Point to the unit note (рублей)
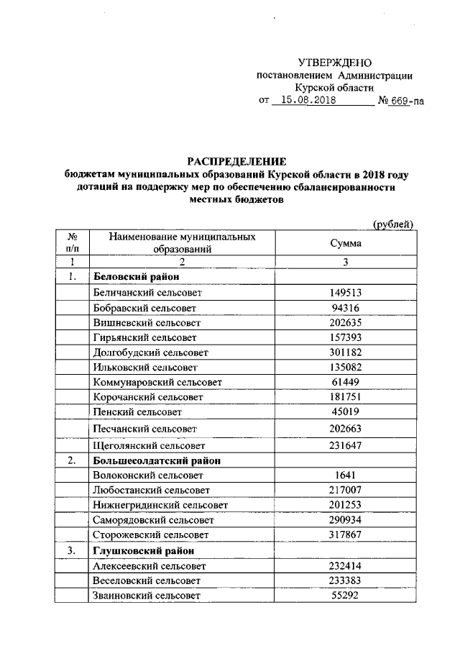(393, 224)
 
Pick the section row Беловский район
(136, 277)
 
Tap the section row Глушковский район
(144, 551)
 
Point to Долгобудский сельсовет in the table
(150, 352)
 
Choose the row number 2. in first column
(73, 460)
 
